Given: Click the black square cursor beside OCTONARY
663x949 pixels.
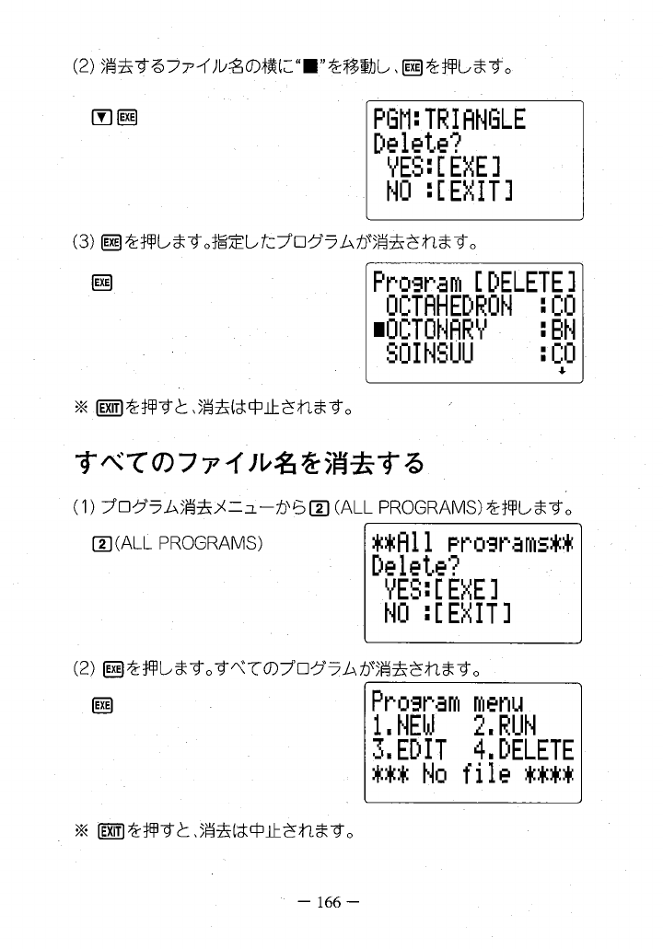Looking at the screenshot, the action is point(378,329).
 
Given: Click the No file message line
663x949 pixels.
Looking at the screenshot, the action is point(471,774).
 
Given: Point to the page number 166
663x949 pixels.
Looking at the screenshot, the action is point(330,902).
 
